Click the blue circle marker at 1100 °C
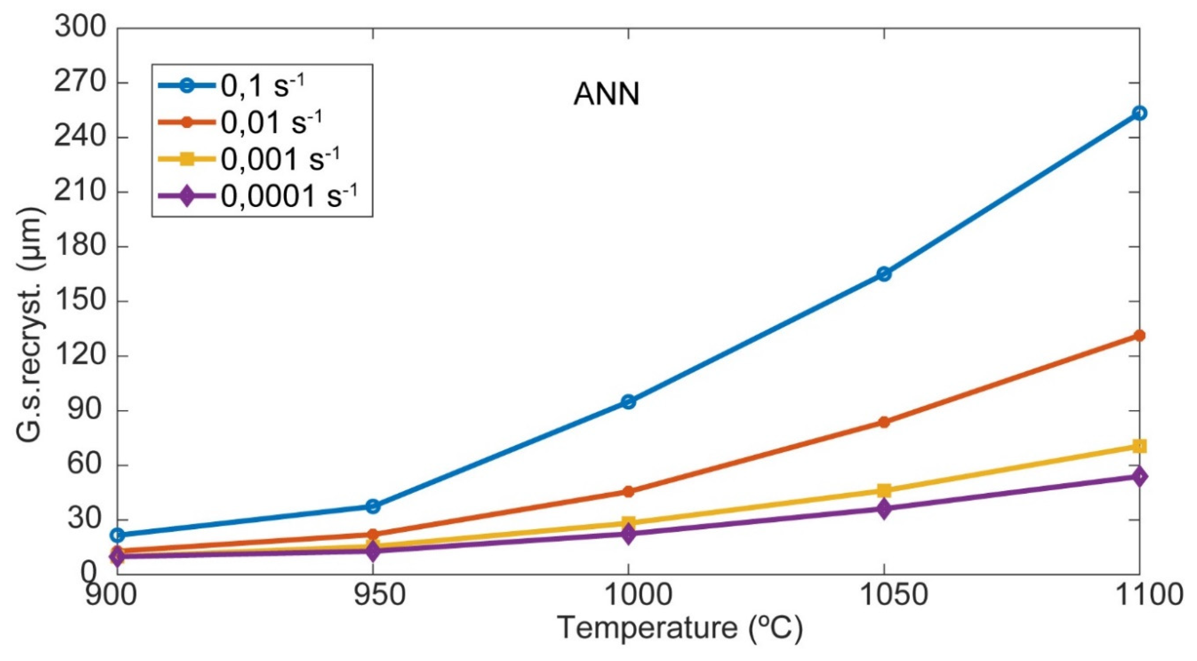click(x=1139, y=113)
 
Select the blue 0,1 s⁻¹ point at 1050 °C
click(x=884, y=274)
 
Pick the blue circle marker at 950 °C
click(x=373, y=506)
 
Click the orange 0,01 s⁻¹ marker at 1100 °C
click(x=1139, y=335)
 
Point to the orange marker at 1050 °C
click(x=884, y=422)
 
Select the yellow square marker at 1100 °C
click(x=1139, y=446)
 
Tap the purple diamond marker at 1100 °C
click(x=1139, y=476)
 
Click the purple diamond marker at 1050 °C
click(x=884, y=509)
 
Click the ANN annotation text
click(x=606, y=95)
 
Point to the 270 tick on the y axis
click(x=81, y=83)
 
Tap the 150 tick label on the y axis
click(x=81, y=301)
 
